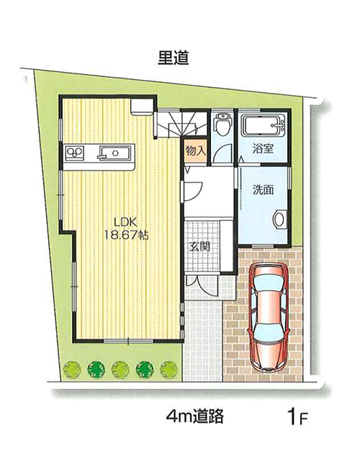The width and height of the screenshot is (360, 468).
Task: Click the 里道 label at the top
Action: click(x=173, y=58)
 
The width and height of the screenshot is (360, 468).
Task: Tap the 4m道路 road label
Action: click(x=194, y=415)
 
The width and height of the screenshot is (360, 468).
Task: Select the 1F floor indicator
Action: click(x=297, y=417)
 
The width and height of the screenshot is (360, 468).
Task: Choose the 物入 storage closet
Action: click(x=196, y=151)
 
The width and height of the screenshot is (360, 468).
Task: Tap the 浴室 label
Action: click(x=263, y=148)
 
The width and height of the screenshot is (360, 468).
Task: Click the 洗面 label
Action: click(x=263, y=190)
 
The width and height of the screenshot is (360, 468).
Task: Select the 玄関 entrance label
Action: click(x=200, y=246)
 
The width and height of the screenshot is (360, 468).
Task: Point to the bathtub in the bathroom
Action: click(x=264, y=125)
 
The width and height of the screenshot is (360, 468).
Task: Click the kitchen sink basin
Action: click(x=115, y=153)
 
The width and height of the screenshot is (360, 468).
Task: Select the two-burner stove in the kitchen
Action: click(x=75, y=153)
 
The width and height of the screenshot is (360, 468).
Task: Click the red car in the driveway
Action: click(x=269, y=317)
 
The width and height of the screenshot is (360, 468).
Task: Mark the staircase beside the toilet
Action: click(x=181, y=124)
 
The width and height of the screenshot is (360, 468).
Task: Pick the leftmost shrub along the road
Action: click(x=72, y=370)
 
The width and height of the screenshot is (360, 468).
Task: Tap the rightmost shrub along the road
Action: click(x=168, y=370)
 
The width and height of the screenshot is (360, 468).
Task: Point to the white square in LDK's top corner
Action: click(x=141, y=107)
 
